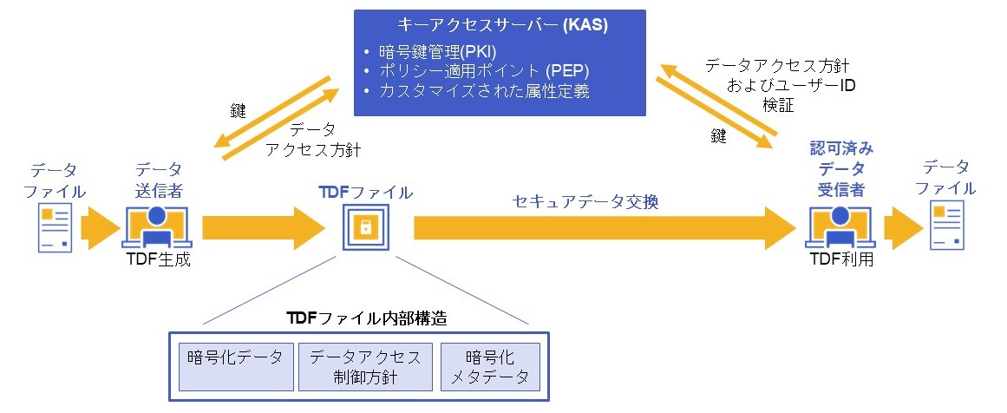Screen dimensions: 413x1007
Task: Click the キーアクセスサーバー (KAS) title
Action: tap(500, 25)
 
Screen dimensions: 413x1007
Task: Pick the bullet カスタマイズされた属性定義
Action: tap(484, 90)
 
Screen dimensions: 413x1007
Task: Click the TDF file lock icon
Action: tap(365, 228)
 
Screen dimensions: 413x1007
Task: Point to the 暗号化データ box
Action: tap(235, 366)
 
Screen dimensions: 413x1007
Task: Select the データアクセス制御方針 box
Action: tap(365, 366)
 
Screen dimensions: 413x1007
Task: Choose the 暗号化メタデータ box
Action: tap(490, 366)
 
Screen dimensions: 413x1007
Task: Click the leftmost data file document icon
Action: tap(54, 228)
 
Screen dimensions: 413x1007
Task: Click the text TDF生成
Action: tap(157, 259)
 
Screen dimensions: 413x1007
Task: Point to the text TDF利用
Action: tap(840, 258)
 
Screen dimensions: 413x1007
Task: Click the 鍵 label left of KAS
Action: tap(238, 110)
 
